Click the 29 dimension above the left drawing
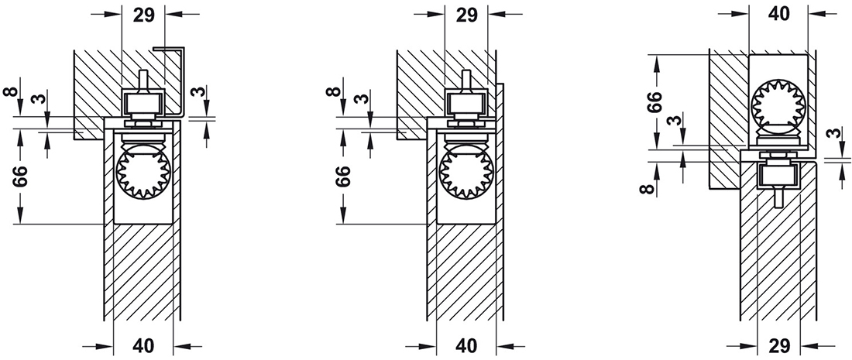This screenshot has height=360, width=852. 144,15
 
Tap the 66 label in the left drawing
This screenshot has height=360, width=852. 22,179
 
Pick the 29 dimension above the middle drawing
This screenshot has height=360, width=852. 466,15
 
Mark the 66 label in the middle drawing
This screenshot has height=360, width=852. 345,179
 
